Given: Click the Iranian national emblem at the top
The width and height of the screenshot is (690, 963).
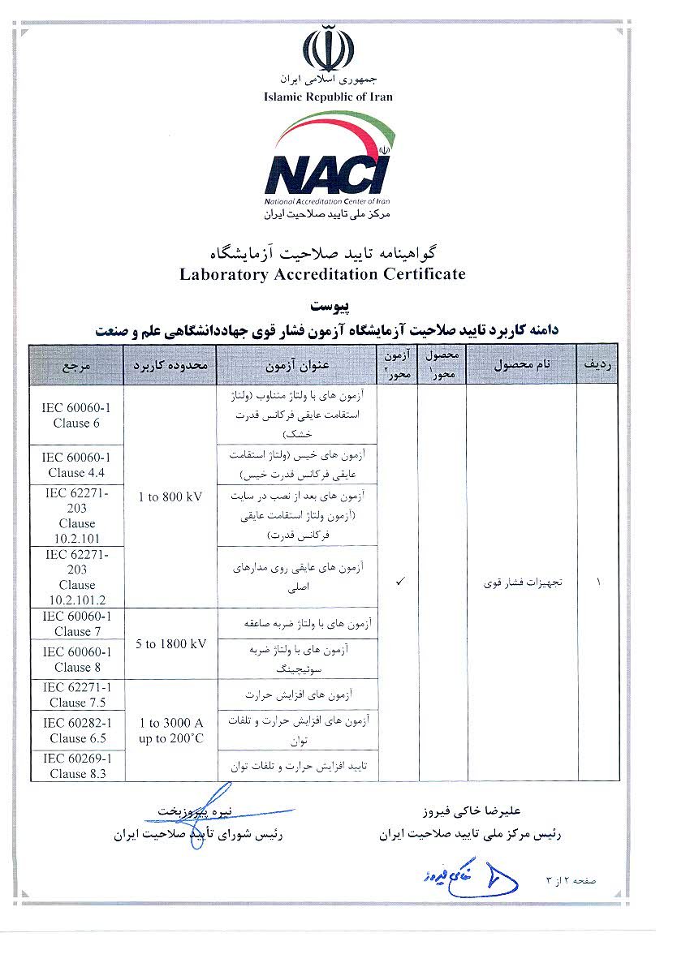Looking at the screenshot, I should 328,48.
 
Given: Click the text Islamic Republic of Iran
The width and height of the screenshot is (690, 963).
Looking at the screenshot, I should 328,97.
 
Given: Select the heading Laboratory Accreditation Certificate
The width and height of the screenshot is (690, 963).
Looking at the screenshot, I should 322,273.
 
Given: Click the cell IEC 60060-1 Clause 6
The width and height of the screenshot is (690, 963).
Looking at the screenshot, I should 76,415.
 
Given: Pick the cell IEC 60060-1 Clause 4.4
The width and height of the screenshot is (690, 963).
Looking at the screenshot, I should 76,465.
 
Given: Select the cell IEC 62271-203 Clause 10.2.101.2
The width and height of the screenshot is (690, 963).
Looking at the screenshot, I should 76,577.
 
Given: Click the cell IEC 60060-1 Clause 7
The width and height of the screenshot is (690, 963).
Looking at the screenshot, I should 76,623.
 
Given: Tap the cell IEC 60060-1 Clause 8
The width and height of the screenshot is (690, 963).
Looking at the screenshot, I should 76,659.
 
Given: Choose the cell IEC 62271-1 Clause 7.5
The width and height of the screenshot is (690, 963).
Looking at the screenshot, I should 76,694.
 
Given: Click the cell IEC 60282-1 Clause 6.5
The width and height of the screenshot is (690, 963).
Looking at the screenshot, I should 76,730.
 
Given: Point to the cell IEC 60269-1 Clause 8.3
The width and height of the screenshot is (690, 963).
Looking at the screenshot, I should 76,765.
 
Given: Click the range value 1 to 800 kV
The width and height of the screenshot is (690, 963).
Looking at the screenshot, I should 170,496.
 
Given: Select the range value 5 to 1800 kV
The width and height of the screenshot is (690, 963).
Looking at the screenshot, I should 170,643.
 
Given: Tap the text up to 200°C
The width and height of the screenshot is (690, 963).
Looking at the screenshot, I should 170,738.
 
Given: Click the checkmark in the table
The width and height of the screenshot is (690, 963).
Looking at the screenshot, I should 399,583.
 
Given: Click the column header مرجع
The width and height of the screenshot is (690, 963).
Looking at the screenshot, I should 76,365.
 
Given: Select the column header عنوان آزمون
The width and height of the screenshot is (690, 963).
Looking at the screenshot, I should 297,365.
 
